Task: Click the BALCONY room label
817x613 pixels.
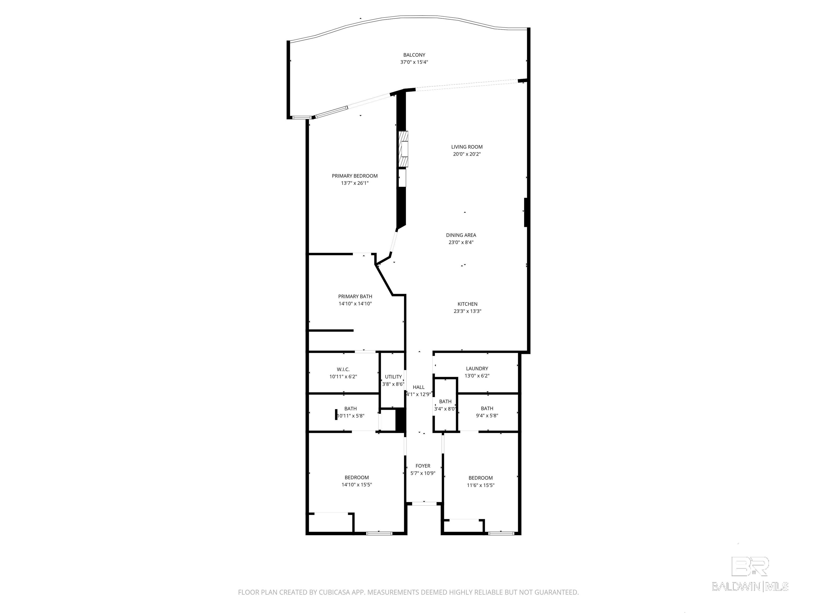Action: [414, 55]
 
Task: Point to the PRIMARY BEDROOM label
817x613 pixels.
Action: [355, 176]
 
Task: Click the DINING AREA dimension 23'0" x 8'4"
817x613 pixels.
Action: [461, 243]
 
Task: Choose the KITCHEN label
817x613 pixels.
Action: [468, 304]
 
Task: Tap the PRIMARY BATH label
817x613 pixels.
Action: [355, 296]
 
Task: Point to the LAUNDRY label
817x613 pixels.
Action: [477, 369]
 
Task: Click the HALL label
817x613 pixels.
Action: [418, 387]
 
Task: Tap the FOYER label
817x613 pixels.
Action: [423, 466]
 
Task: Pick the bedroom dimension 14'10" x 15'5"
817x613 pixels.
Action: [356, 485]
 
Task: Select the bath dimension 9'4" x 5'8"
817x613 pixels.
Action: [487, 416]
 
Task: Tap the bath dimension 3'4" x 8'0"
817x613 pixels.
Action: [445, 409]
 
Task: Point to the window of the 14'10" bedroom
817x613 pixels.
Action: [379, 533]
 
